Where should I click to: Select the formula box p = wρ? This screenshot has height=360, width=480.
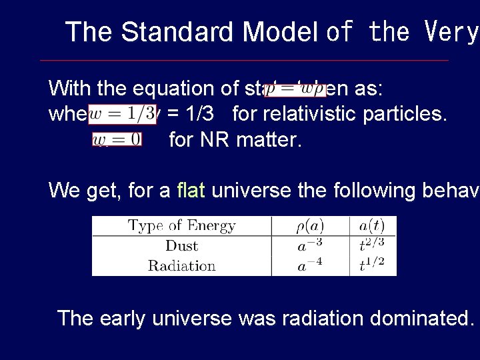[295, 89]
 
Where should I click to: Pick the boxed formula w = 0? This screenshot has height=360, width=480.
[117, 139]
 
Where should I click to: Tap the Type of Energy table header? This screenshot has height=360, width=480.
[181, 225]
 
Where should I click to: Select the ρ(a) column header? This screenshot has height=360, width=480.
[310, 225]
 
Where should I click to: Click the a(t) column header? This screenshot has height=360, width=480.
[372, 225]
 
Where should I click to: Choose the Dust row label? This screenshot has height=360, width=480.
[181, 245]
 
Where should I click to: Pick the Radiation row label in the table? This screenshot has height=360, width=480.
[181, 265]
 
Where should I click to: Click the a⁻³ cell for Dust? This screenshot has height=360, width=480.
[310, 245]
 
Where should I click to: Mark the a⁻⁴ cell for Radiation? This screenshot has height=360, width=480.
[310, 265]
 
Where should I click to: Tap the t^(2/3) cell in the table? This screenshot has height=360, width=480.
[372, 245]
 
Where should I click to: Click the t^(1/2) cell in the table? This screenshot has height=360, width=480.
[372, 265]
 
